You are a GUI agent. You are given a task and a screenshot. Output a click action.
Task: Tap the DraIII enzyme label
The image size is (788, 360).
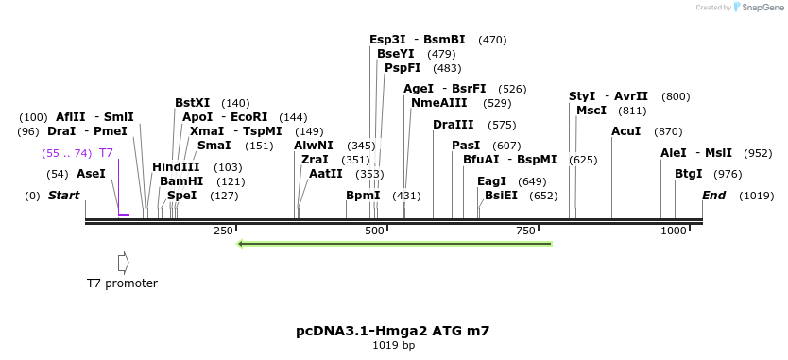pos(454,125)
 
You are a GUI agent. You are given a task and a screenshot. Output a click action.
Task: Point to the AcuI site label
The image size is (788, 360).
pos(625,131)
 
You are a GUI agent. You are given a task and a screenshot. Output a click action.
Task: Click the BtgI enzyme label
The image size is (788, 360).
pos(688,174)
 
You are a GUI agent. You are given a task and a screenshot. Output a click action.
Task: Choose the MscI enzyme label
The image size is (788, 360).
pos(591,111)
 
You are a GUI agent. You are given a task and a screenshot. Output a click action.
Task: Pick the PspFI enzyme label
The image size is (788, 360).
pos(403,68)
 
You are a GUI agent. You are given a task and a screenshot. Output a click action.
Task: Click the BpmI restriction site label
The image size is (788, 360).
pos(363,196)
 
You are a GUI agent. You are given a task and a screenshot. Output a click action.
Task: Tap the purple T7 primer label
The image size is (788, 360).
pos(106,153)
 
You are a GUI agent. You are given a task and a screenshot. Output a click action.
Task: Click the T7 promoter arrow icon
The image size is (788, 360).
pos(123,262)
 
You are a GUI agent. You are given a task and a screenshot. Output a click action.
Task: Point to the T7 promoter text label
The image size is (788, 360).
pos(122,283)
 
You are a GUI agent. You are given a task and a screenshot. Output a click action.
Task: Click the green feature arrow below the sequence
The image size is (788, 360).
pos(395,244)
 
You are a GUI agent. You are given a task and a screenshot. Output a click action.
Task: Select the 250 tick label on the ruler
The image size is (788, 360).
pos(223,231)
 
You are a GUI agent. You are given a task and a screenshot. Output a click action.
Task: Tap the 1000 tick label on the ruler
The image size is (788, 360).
pos(675,231)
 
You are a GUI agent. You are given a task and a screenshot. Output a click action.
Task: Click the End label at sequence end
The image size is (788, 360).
pos(713,196)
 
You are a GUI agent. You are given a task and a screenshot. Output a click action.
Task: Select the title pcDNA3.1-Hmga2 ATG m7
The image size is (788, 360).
pos(393,331)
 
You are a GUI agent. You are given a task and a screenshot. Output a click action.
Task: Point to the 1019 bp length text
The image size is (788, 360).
pos(393,346)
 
